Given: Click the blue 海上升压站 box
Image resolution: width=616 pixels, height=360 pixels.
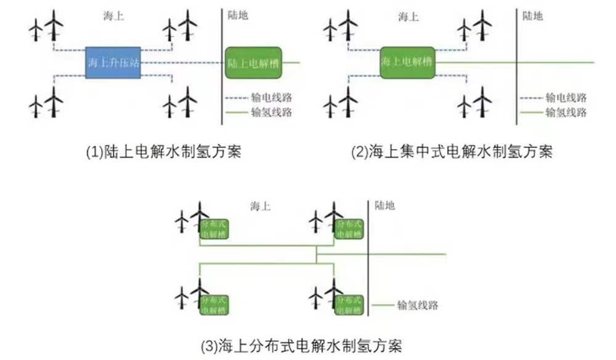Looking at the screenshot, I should (113, 62).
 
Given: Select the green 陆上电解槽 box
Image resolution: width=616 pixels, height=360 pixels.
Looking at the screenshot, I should (253, 62).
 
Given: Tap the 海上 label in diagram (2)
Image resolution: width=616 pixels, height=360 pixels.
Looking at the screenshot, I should (408, 16).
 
